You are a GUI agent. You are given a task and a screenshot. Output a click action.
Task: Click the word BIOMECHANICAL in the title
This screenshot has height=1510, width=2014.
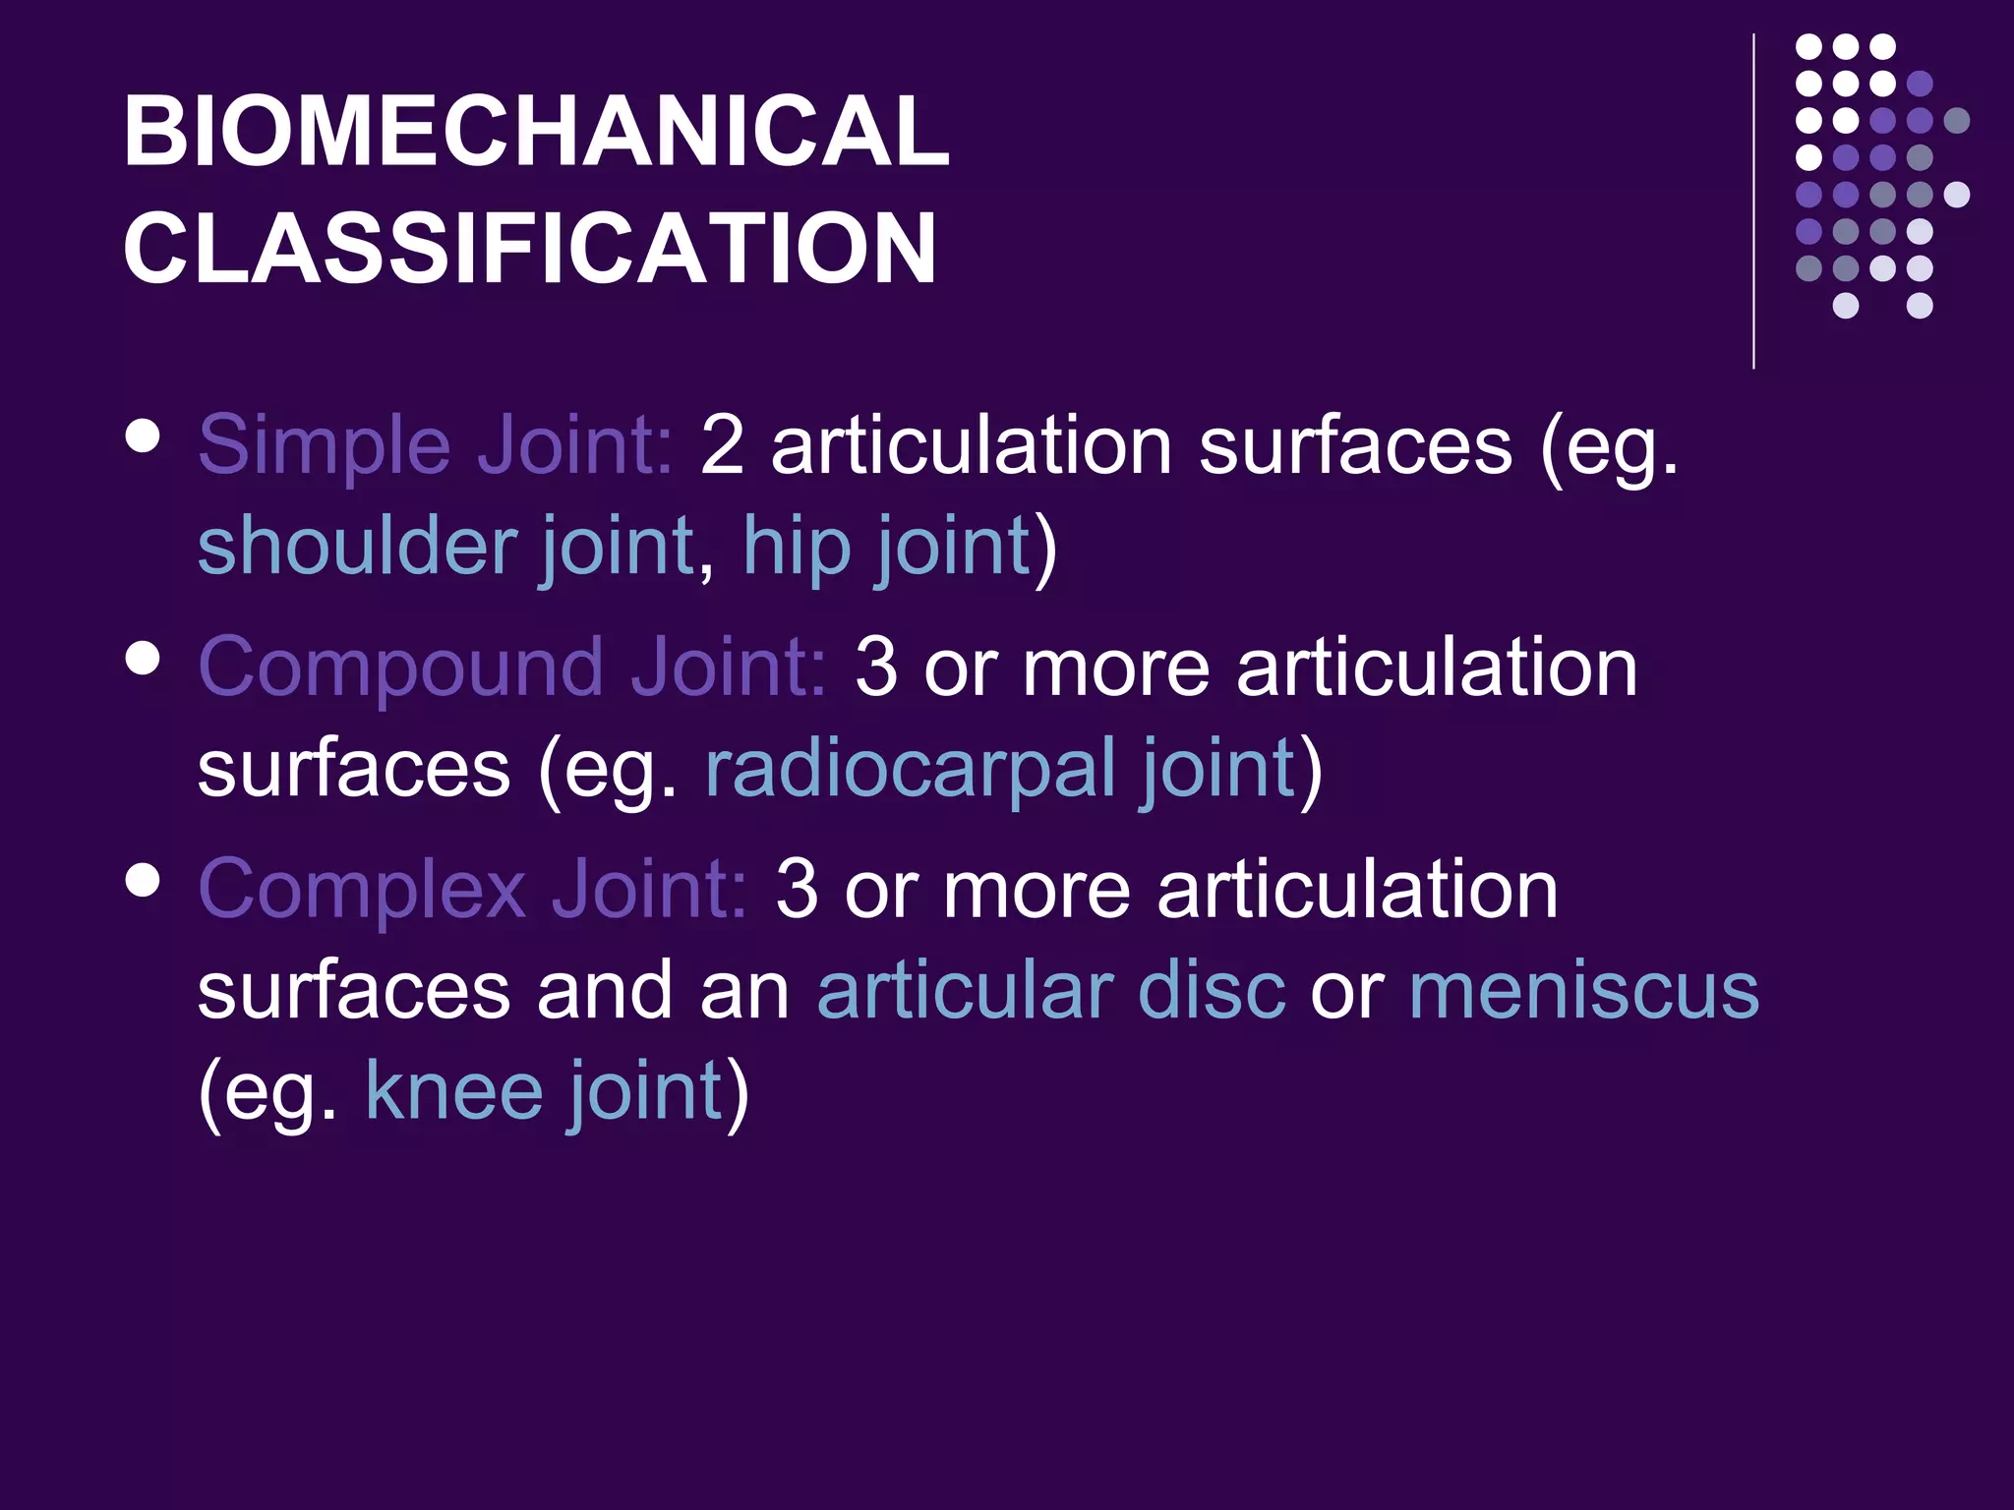[536, 132]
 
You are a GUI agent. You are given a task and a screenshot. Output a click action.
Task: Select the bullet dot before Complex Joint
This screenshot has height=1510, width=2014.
[144, 880]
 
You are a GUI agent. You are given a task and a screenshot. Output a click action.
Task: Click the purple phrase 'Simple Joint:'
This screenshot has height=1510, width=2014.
[436, 445]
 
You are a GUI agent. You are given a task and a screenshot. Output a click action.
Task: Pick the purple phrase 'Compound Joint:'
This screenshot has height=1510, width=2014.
[512, 668]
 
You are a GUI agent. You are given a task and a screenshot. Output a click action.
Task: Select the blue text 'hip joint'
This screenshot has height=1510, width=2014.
[886, 547]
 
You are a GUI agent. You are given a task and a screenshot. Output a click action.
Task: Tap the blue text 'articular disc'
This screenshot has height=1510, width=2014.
[1050, 991]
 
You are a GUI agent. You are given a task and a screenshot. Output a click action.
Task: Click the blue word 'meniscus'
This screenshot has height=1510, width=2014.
[1583, 991]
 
